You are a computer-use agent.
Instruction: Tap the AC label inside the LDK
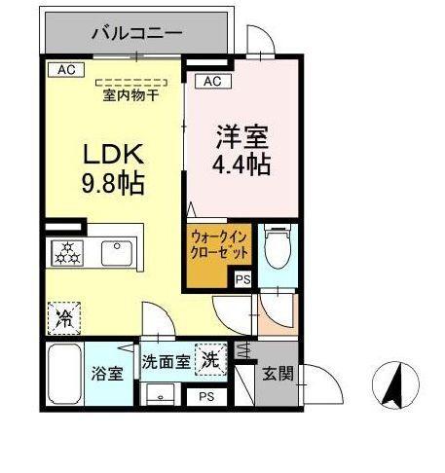pos(65,70)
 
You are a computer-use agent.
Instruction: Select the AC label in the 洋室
pos(214,82)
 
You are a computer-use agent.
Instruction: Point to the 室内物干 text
pos(131,95)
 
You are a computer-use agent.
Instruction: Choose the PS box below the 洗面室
pos(205,396)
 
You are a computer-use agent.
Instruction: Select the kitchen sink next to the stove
pos(116,253)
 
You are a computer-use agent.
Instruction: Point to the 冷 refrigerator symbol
pos(63,317)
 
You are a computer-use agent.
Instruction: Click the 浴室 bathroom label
pos(106,373)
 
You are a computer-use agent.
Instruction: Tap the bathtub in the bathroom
pos(65,374)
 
